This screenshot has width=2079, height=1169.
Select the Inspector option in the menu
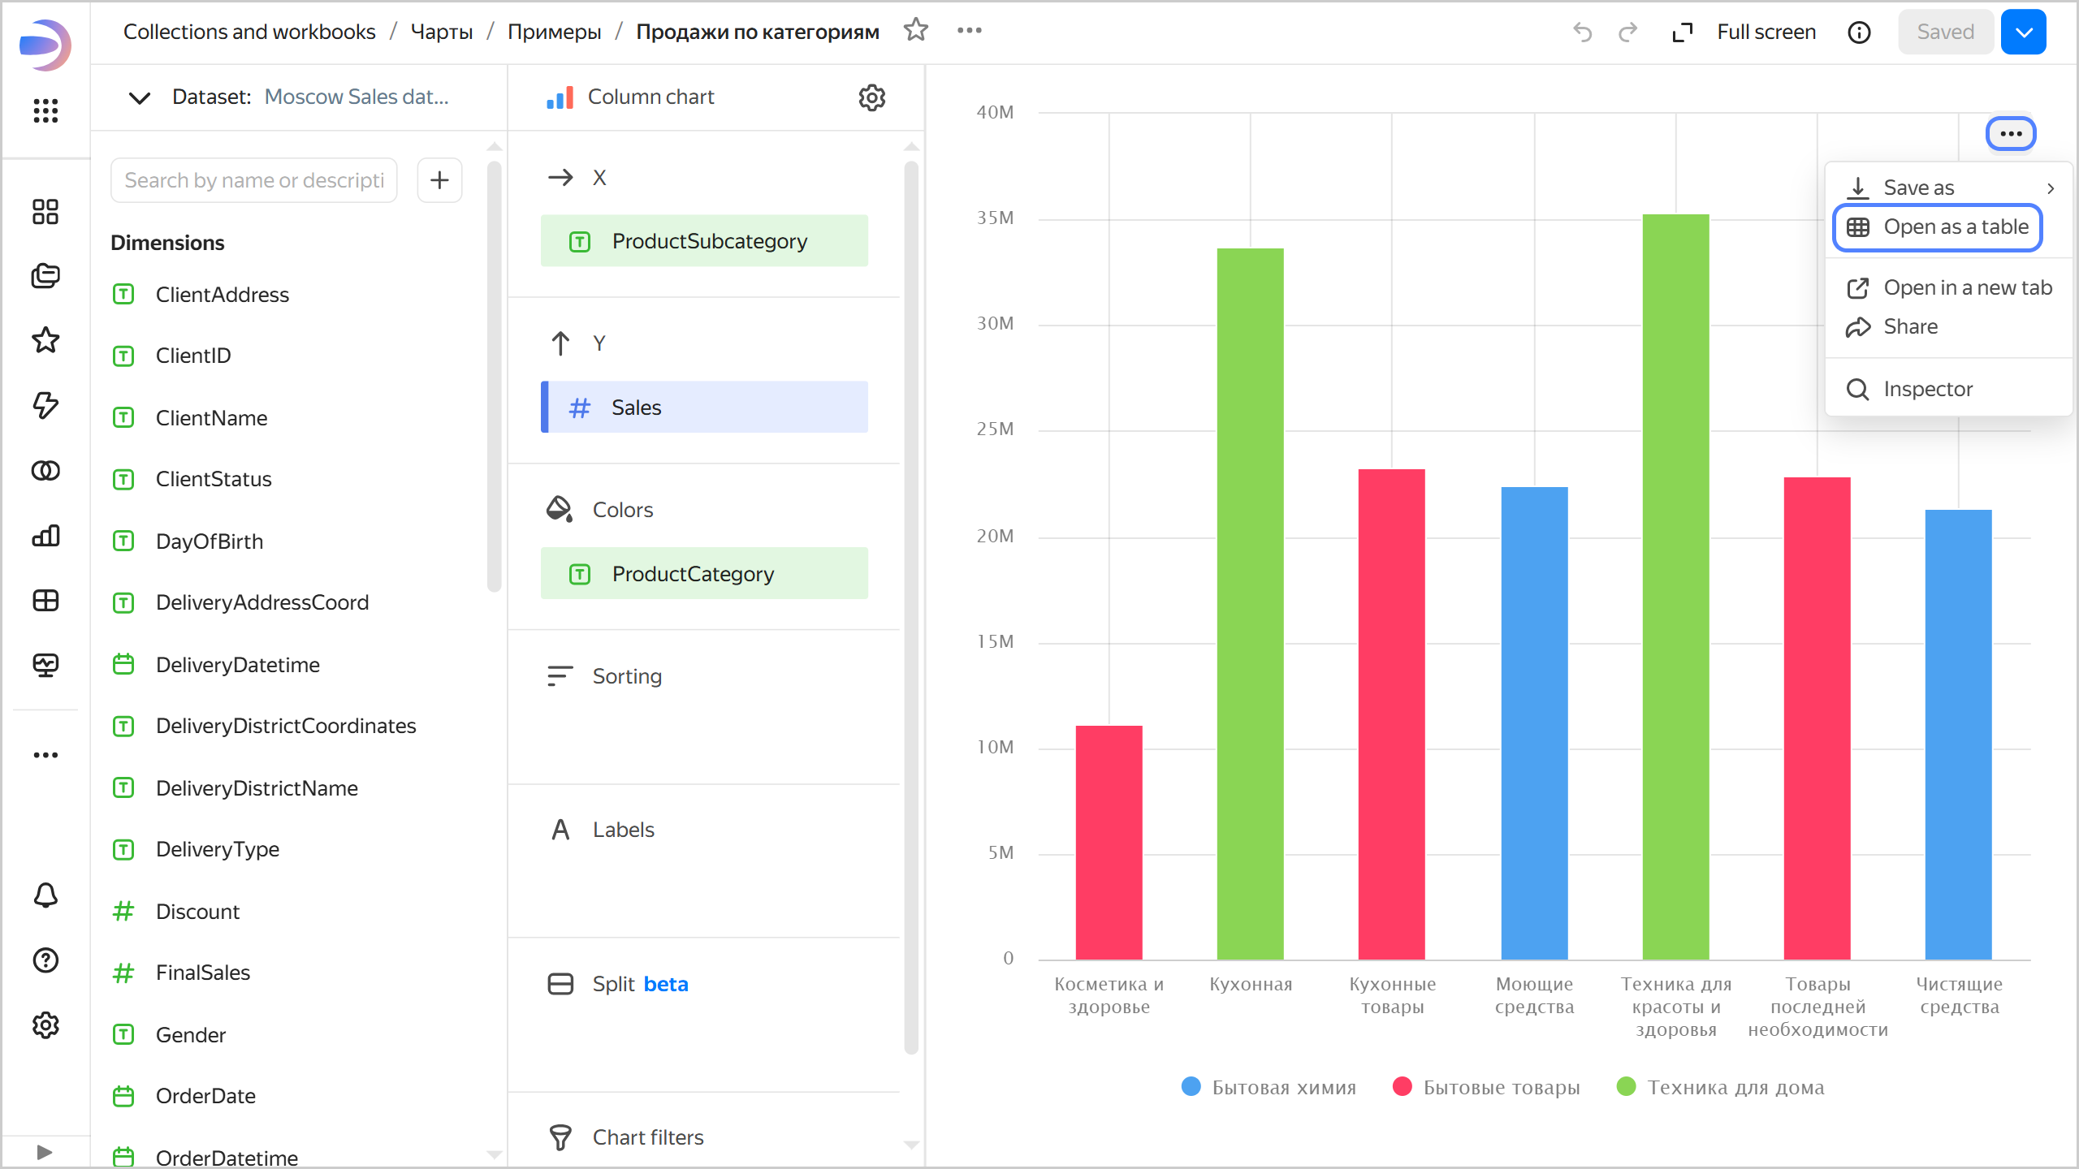[1926, 389]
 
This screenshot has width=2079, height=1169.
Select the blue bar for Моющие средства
[1534, 723]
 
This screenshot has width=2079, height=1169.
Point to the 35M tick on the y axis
[995, 218]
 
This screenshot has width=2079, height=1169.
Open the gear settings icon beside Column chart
[871, 97]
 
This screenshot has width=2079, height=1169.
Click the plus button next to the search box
[439, 180]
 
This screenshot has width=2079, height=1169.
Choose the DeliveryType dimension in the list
[217, 849]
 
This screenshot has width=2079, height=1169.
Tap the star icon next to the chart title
[916, 31]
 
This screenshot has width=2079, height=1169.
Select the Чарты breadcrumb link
[442, 32]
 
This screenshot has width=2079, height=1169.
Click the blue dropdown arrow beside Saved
[2024, 32]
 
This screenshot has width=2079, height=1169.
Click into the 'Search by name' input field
[253, 180]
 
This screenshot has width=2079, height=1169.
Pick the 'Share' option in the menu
[1910, 326]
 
